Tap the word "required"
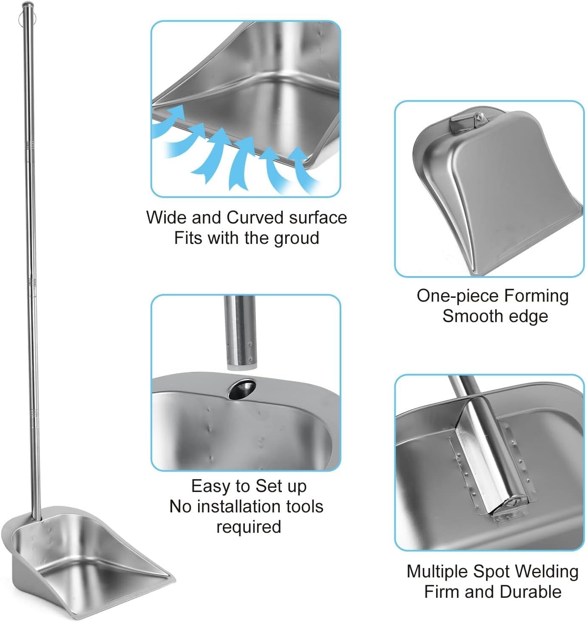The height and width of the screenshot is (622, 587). click(249, 527)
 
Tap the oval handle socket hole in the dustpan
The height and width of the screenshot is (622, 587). click(242, 389)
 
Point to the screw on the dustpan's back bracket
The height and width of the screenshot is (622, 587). click(479, 115)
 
